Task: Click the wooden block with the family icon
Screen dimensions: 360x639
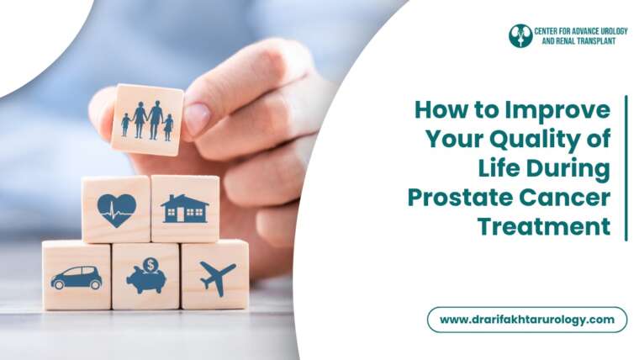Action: pos(147,119)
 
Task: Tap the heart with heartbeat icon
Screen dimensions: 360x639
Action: pos(116,209)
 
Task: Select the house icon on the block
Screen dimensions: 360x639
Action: pos(185,209)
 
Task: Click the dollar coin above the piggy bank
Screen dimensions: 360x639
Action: pos(151,264)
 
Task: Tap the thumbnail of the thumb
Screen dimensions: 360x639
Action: pos(197,118)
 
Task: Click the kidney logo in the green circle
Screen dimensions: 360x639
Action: pos(520,35)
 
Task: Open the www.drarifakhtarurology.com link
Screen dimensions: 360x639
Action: pos(526,320)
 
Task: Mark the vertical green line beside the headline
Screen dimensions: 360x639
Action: pos(626,168)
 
